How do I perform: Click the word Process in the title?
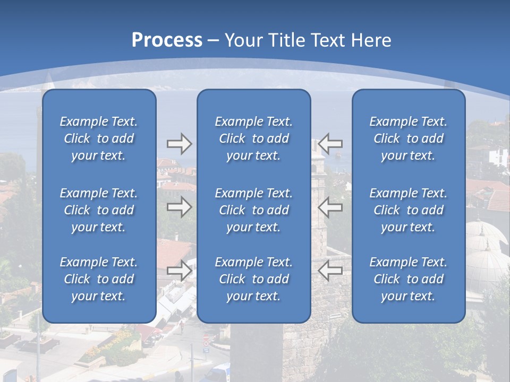pyautogui.click(x=167, y=40)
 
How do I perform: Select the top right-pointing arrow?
pyautogui.click(x=180, y=144)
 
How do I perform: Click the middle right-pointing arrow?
pyautogui.click(x=180, y=207)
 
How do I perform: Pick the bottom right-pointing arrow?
pyautogui.click(x=180, y=271)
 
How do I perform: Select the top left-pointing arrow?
pyautogui.click(x=330, y=144)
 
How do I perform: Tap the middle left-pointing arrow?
pyautogui.click(x=330, y=207)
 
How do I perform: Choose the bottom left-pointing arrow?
pyautogui.click(x=330, y=271)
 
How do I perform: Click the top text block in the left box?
pyautogui.click(x=99, y=138)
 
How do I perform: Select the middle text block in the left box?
pyautogui.click(x=99, y=210)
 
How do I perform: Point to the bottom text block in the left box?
pyautogui.click(x=99, y=279)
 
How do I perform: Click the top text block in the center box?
pyautogui.click(x=254, y=138)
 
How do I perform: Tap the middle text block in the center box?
pyautogui.click(x=254, y=210)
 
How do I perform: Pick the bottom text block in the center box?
pyautogui.click(x=254, y=279)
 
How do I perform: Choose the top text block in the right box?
pyautogui.click(x=409, y=138)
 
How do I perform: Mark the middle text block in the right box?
pyautogui.click(x=409, y=210)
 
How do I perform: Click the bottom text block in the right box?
pyautogui.click(x=409, y=279)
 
